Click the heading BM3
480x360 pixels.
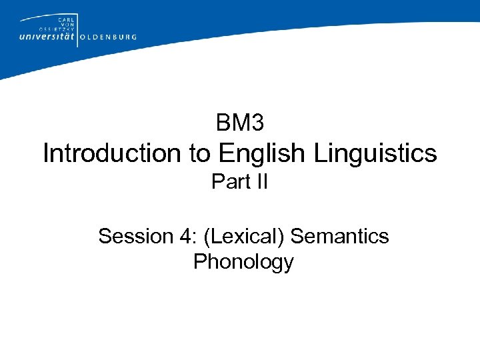pos(240,123)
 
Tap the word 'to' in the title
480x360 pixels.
pos(200,153)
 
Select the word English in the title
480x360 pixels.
pos(262,153)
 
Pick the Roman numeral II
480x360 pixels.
pos(261,181)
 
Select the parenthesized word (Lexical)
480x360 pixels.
pos(247,236)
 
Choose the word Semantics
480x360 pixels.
pos(340,236)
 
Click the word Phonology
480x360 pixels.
pos(243,262)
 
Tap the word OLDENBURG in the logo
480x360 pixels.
pos(108,37)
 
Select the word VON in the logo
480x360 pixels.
pos(67,25)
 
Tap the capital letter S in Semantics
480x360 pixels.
pos(297,236)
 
